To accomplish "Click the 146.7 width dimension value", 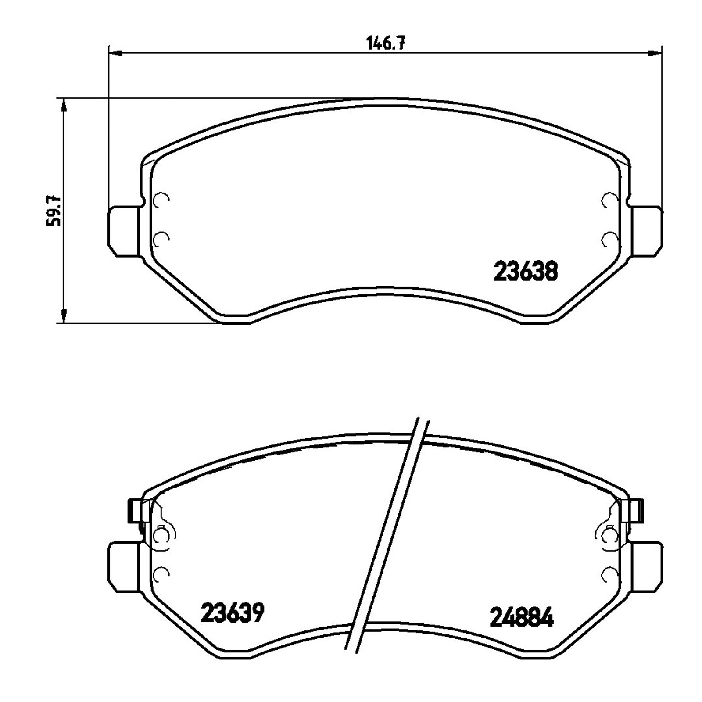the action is pos(385,43).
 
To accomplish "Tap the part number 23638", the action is pos(526,272).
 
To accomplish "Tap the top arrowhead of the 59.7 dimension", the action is pos(64,105).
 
